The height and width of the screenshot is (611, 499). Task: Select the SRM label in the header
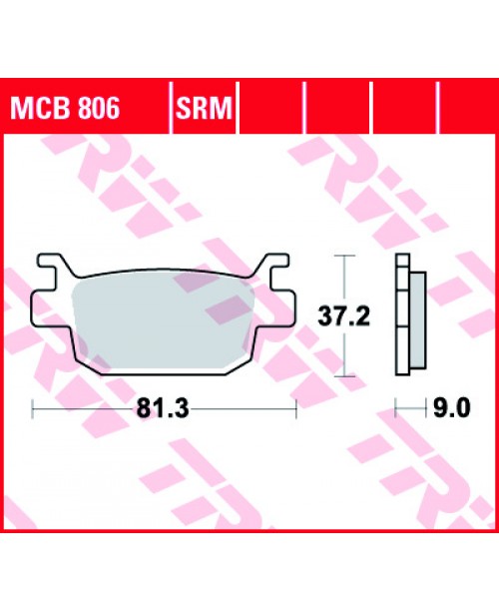tap(205, 108)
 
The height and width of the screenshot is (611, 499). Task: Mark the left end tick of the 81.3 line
tap(33, 408)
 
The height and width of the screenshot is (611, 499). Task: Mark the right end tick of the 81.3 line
tap(297, 408)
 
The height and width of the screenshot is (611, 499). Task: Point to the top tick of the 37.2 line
tap(344, 258)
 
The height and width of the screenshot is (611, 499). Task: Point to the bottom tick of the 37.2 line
tap(344, 375)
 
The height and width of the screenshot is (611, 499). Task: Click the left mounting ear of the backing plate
tap(42, 305)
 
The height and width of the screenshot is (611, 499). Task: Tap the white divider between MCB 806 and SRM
tap(171, 108)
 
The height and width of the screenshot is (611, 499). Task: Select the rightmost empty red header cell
tap(465, 108)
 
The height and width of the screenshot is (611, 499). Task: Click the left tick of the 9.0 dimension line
tap(397, 408)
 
